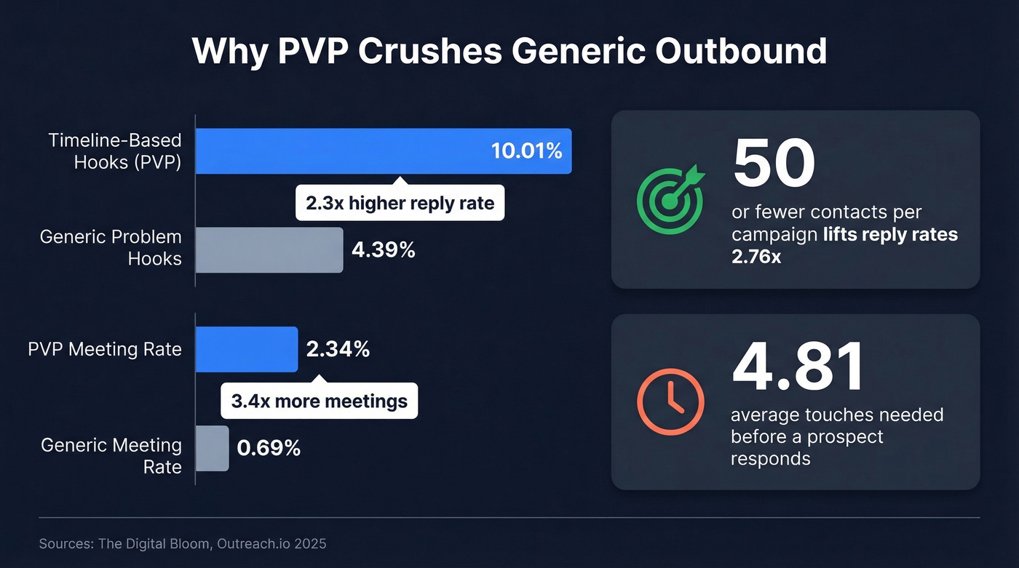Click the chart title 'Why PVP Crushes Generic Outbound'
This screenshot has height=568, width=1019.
[x=509, y=52]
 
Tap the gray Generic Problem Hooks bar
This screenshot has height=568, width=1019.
[x=269, y=250]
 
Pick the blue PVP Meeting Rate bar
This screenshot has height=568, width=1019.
[x=247, y=350]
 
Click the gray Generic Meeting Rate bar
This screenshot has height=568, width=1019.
[x=213, y=449]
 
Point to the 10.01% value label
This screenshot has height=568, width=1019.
[x=526, y=151]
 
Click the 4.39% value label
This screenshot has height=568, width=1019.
[x=384, y=250]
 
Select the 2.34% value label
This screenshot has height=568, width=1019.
[x=338, y=350]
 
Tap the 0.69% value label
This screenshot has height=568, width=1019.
[x=269, y=449]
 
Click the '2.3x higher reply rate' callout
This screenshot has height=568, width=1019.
[x=400, y=203]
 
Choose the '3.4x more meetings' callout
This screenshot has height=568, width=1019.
[x=319, y=401]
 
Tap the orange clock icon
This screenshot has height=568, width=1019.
[x=670, y=402]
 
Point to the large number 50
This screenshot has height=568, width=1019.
[x=774, y=163]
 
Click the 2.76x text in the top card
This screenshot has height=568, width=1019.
[x=756, y=256]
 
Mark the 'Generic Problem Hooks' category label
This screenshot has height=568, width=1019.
[x=111, y=247]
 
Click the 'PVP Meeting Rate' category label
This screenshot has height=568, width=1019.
[x=105, y=350]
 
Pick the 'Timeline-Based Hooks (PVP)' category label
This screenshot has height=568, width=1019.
[x=115, y=151]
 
